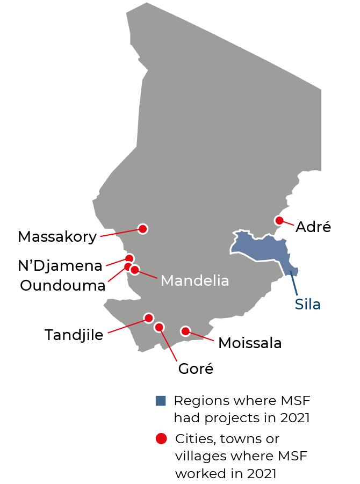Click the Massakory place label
coord(57,236)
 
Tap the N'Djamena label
coord(60,265)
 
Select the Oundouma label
coord(62,285)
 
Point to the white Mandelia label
coord(195,280)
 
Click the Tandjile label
coord(74,335)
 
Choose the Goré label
coord(196,369)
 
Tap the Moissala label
coord(250,343)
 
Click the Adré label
coord(313,227)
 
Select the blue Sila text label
coord(308,305)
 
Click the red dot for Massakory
coord(143,229)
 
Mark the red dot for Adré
coord(279,220)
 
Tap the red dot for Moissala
coord(185,331)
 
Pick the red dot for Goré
coord(159,327)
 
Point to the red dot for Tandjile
coord(149,318)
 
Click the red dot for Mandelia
coord(135,269)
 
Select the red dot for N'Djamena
coord(129,258)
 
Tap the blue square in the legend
coord(160,401)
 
